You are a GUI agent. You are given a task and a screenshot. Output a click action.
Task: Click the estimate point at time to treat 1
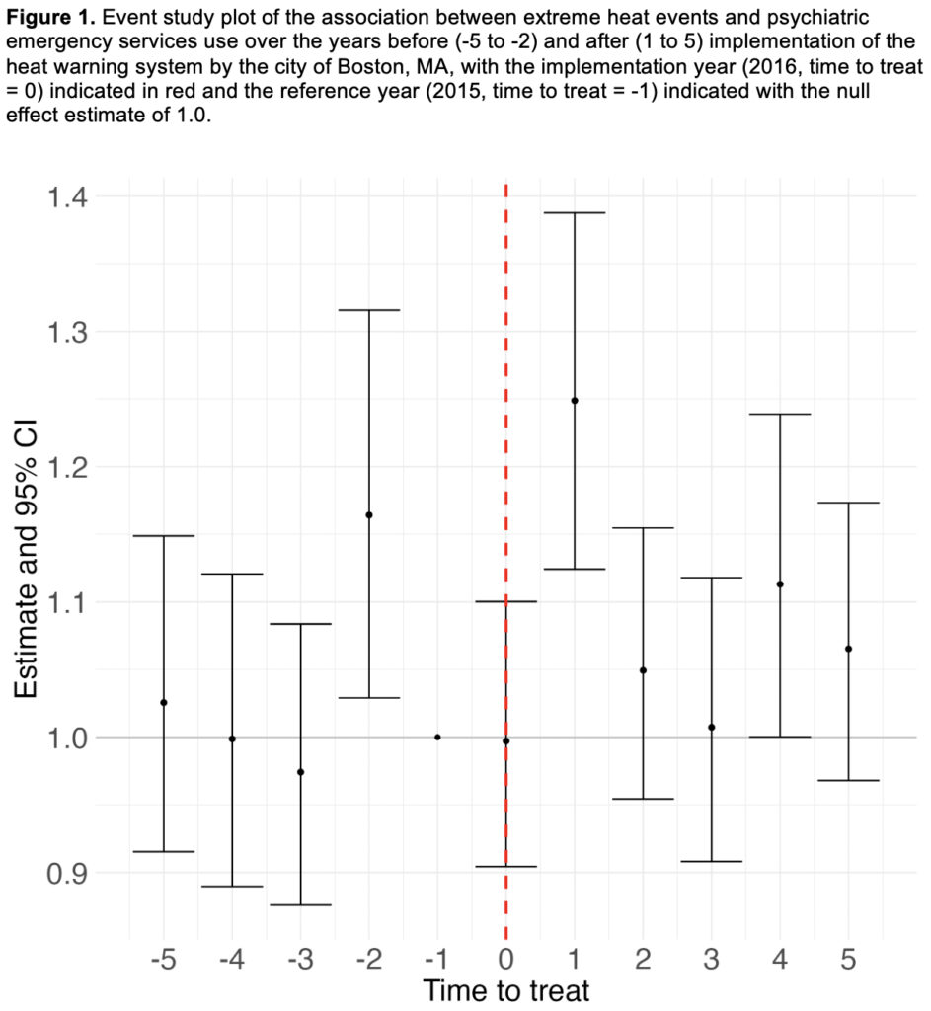[575, 401]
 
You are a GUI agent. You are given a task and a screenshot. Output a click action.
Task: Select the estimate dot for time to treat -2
[368, 515]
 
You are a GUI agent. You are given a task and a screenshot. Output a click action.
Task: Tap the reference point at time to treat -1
[437, 737]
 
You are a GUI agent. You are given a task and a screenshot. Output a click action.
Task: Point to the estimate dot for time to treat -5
[164, 703]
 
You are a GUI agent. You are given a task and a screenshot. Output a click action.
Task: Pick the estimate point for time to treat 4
[780, 584]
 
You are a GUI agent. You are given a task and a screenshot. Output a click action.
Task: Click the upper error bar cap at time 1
[575, 213]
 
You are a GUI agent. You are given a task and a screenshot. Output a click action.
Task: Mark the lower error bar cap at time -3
[300, 904]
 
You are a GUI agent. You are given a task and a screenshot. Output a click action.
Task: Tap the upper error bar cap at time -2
[368, 310]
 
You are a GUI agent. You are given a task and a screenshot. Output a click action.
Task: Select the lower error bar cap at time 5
[848, 781]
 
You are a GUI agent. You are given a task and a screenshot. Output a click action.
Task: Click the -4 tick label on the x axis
[232, 958]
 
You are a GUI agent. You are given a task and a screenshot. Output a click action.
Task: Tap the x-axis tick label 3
[712, 958]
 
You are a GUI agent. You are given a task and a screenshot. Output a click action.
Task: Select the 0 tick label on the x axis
[505, 958]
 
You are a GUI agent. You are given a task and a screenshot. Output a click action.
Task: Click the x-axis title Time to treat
[505, 990]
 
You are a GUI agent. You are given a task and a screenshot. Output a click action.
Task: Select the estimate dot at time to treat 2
[643, 670]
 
